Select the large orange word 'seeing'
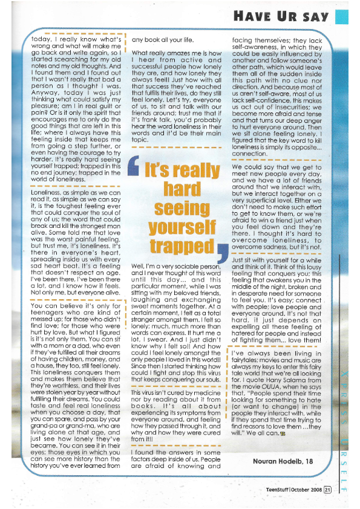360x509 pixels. [x=178, y=207]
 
